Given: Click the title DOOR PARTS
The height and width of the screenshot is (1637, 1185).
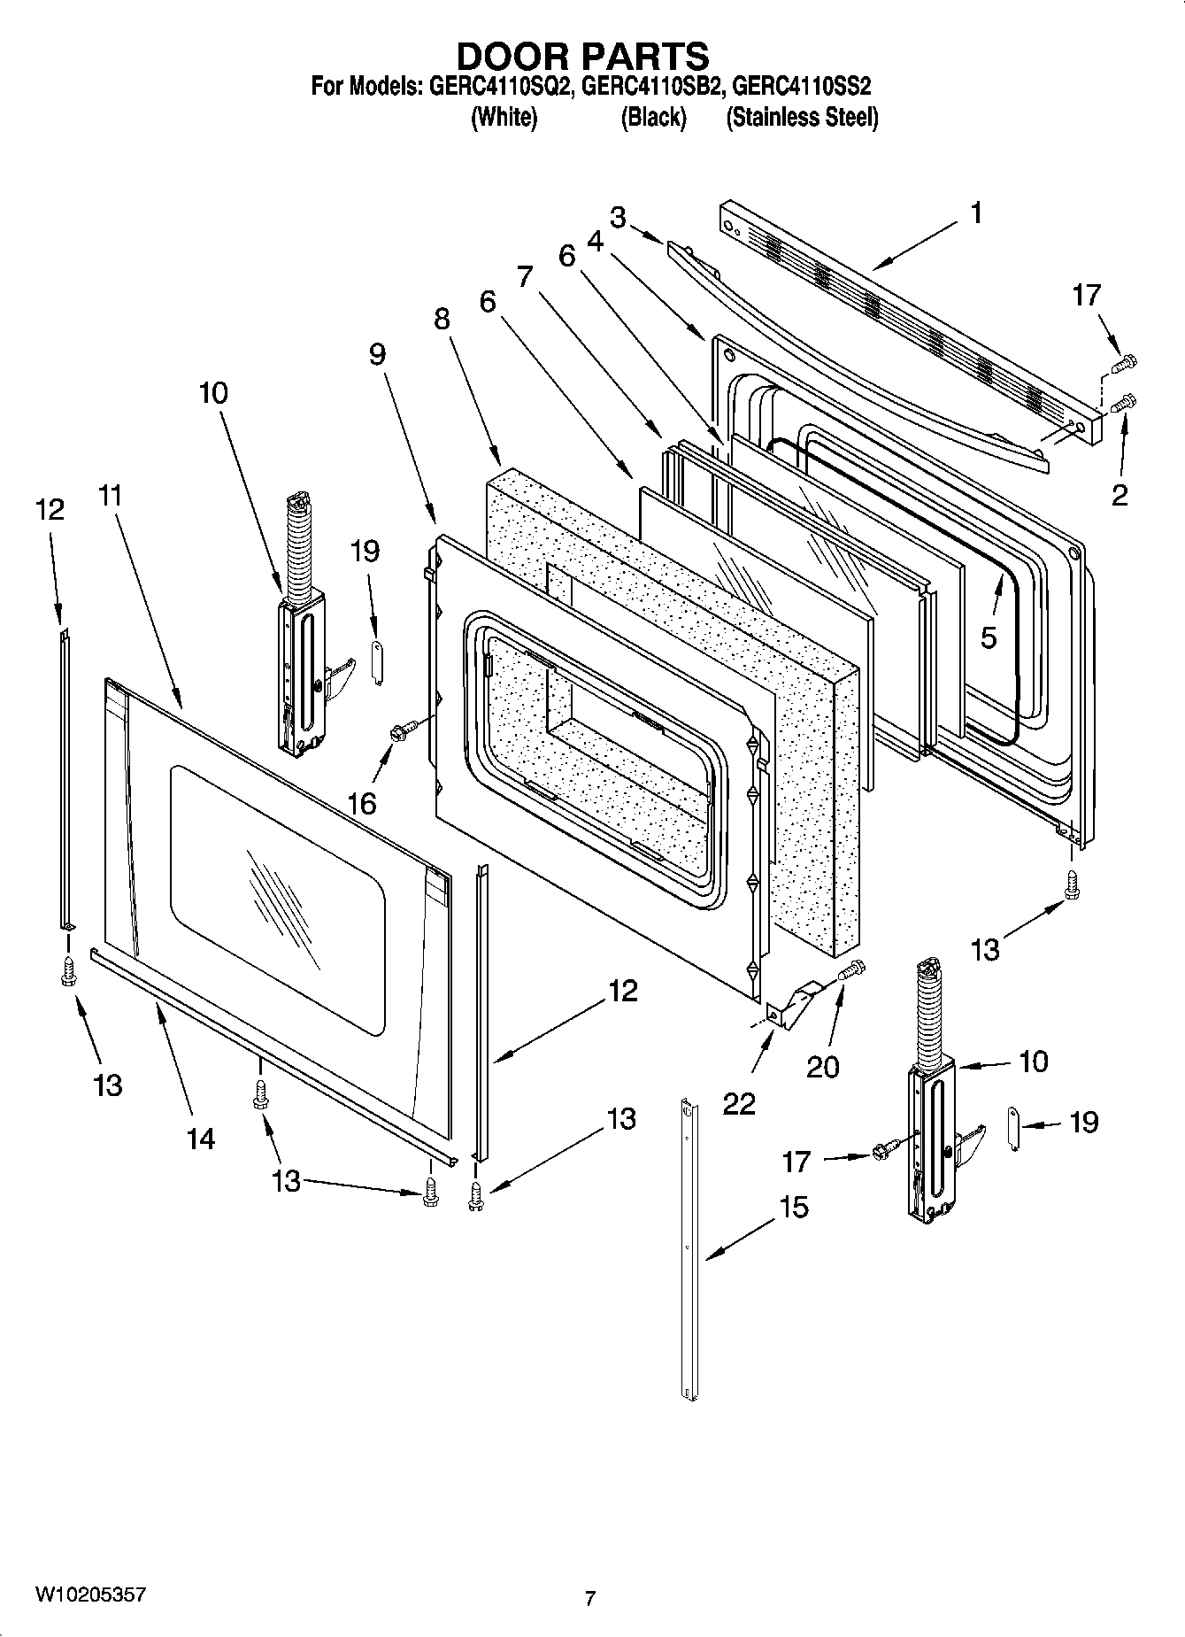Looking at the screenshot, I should (x=582, y=56).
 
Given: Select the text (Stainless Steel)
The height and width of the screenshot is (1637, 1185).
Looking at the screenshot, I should (x=802, y=118).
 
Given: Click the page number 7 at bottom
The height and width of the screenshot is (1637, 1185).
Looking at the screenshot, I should (x=590, y=1599).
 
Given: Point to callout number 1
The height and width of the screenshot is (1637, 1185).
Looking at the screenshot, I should (x=976, y=213).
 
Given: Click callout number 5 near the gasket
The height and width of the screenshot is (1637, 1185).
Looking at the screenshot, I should (x=989, y=636).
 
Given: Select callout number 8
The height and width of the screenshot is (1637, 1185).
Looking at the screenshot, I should (x=442, y=320).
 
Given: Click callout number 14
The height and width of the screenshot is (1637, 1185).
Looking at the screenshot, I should (x=201, y=1138).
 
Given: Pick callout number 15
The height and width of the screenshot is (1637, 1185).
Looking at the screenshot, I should (x=794, y=1207).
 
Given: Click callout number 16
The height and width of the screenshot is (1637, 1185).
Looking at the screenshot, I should (x=361, y=803).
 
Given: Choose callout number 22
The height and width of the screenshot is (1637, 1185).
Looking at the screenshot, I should (x=739, y=1103).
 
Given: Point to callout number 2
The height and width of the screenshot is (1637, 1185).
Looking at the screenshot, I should (x=1120, y=495).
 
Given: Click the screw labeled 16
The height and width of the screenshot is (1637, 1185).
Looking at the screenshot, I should (x=399, y=731).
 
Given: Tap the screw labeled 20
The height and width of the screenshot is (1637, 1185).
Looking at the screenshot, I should (x=852, y=970).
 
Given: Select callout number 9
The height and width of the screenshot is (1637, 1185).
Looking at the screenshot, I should (x=377, y=354).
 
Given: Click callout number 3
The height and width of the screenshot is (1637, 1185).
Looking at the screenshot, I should (x=618, y=217).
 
